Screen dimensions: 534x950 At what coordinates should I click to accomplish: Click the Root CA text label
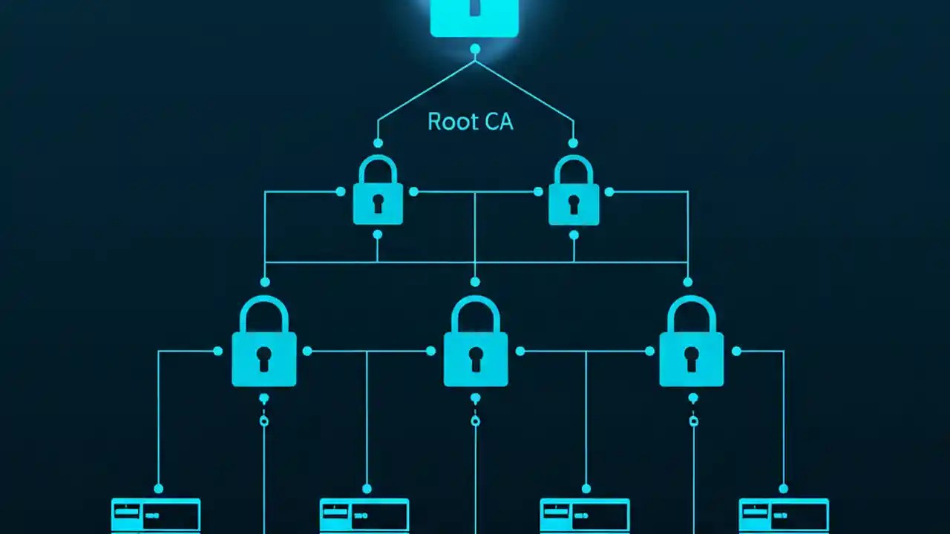(470, 122)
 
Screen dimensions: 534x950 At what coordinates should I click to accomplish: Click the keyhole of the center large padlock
(476, 358)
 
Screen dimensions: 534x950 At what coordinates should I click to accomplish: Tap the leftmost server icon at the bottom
(156, 515)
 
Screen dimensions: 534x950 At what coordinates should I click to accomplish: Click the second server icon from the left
(364, 515)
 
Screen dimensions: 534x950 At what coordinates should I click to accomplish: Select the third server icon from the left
(585, 515)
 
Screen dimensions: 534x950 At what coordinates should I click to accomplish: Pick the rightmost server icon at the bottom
(784, 515)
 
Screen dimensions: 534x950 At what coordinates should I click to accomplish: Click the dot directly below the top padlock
(475, 49)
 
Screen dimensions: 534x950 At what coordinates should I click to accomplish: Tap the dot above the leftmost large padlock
(265, 282)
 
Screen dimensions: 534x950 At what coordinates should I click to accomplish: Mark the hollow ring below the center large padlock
(476, 421)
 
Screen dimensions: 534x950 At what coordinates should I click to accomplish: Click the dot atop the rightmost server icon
(784, 489)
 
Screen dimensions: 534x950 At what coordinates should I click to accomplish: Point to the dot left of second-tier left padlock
(341, 191)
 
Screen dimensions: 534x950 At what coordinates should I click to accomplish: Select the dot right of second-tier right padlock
(609, 191)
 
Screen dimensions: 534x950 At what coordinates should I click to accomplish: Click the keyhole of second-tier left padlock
(378, 203)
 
